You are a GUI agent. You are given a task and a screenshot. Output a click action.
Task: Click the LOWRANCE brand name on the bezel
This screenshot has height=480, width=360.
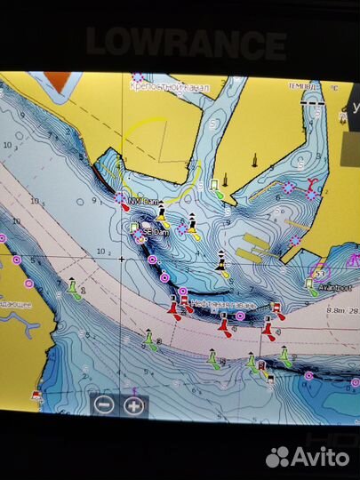pyautogui.click(x=186, y=42)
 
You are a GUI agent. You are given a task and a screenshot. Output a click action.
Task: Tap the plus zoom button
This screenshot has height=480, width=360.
pyautogui.click(x=133, y=404)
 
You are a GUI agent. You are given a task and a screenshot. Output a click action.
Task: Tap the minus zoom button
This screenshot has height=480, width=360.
pyautogui.click(x=104, y=404)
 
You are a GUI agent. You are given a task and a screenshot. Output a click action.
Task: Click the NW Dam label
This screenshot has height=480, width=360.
pyautogui.click(x=141, y=202)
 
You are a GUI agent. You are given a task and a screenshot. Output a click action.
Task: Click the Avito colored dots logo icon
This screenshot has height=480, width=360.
pyautogui.click(x=278, y=456)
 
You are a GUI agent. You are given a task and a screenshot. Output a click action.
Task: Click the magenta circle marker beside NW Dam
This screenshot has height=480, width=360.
pyautogui.click(x=120, y=198)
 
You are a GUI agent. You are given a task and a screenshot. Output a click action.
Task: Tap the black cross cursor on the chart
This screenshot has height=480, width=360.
pyautogui.click(x=122, y=259)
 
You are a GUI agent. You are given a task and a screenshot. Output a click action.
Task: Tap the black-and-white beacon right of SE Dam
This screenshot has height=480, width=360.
pyautogui.click(x=191, y=220)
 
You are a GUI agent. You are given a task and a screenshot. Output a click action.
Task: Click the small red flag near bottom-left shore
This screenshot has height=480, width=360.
pyautogui.click(x=36, y=394)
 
